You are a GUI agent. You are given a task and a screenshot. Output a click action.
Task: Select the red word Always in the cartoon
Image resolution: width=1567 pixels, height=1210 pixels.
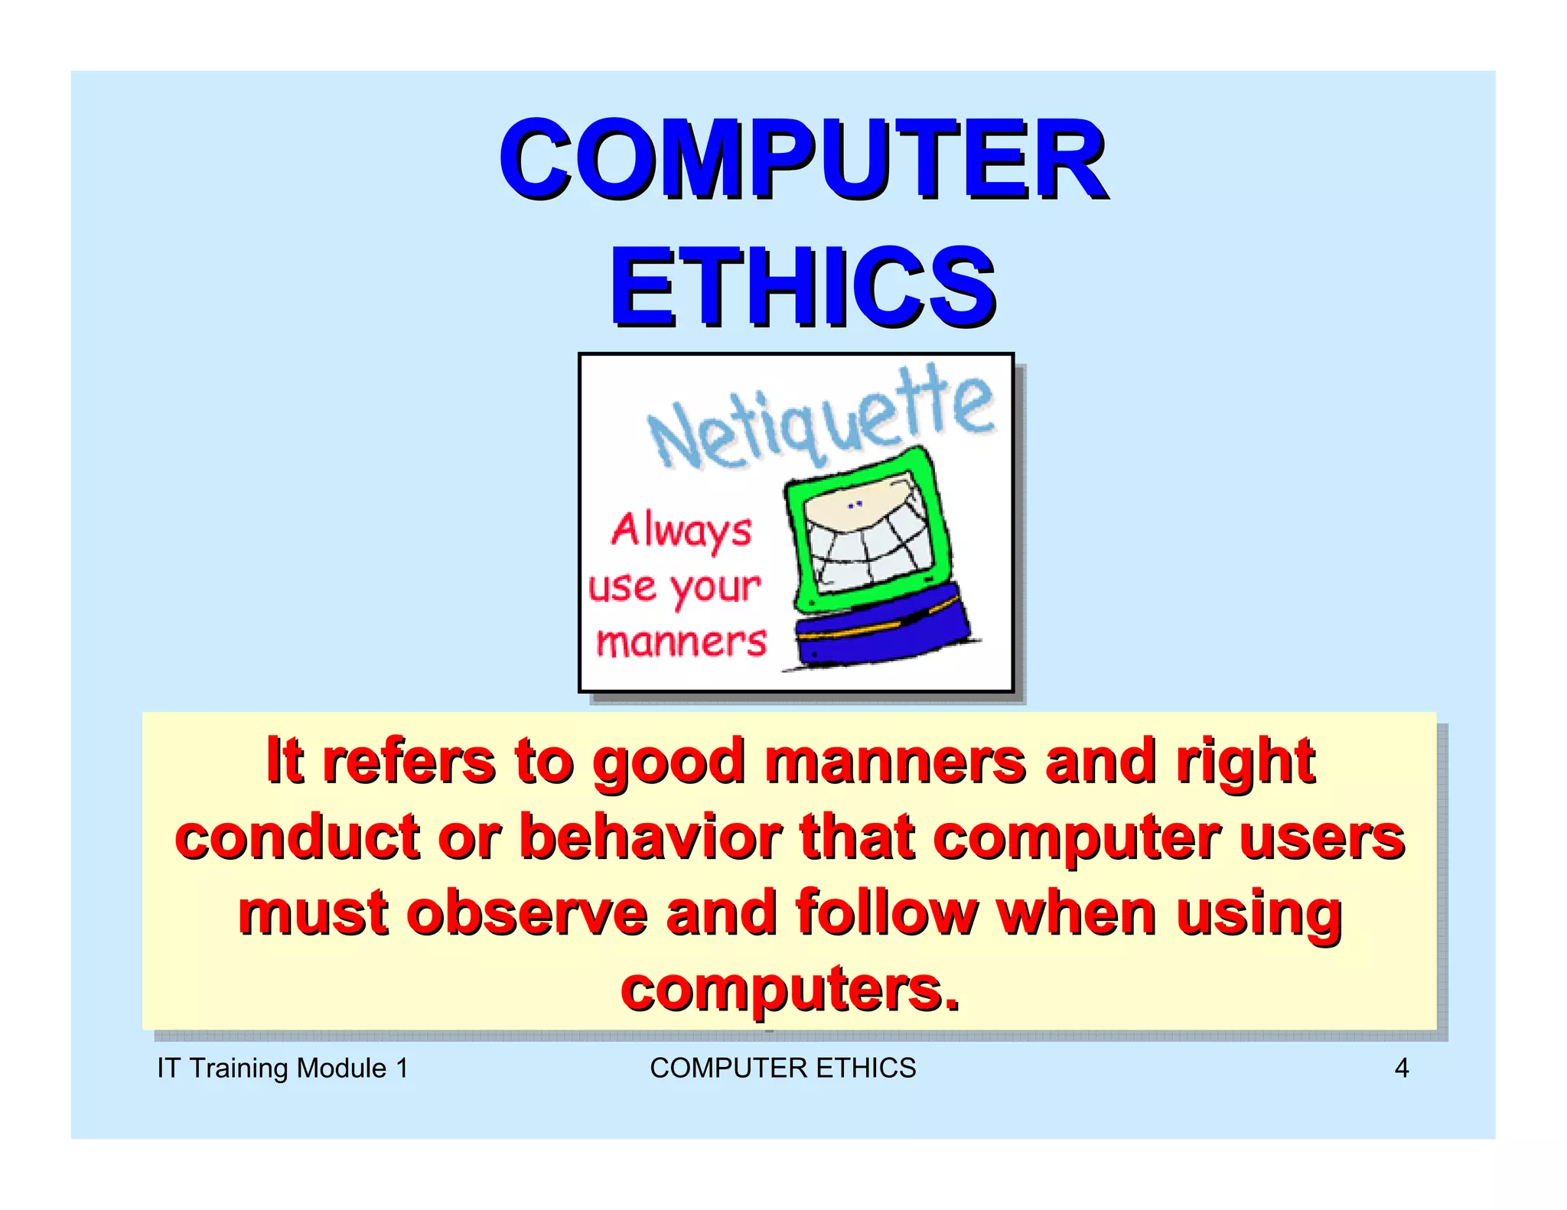coord(681,531)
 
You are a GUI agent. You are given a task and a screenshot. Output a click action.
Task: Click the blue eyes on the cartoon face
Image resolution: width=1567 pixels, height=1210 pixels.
coord(855,505)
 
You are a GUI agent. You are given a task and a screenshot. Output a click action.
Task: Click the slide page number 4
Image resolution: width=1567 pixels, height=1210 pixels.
coord(1401,1068)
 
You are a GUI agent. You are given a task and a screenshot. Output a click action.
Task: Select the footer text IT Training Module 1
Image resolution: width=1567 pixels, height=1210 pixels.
coord(282,1068)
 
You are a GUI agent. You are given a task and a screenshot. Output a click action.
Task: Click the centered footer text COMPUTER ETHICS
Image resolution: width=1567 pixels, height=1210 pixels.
coord(783,1068)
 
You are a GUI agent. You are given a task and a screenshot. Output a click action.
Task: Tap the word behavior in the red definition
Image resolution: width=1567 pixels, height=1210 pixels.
coord(650,837)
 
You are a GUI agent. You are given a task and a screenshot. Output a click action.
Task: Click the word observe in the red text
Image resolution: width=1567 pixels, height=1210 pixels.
coord(527,913)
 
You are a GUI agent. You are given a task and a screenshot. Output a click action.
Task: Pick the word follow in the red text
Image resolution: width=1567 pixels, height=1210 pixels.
coord(887,913)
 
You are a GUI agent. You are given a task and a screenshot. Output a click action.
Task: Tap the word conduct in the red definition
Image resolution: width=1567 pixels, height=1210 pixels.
coord(298,837)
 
